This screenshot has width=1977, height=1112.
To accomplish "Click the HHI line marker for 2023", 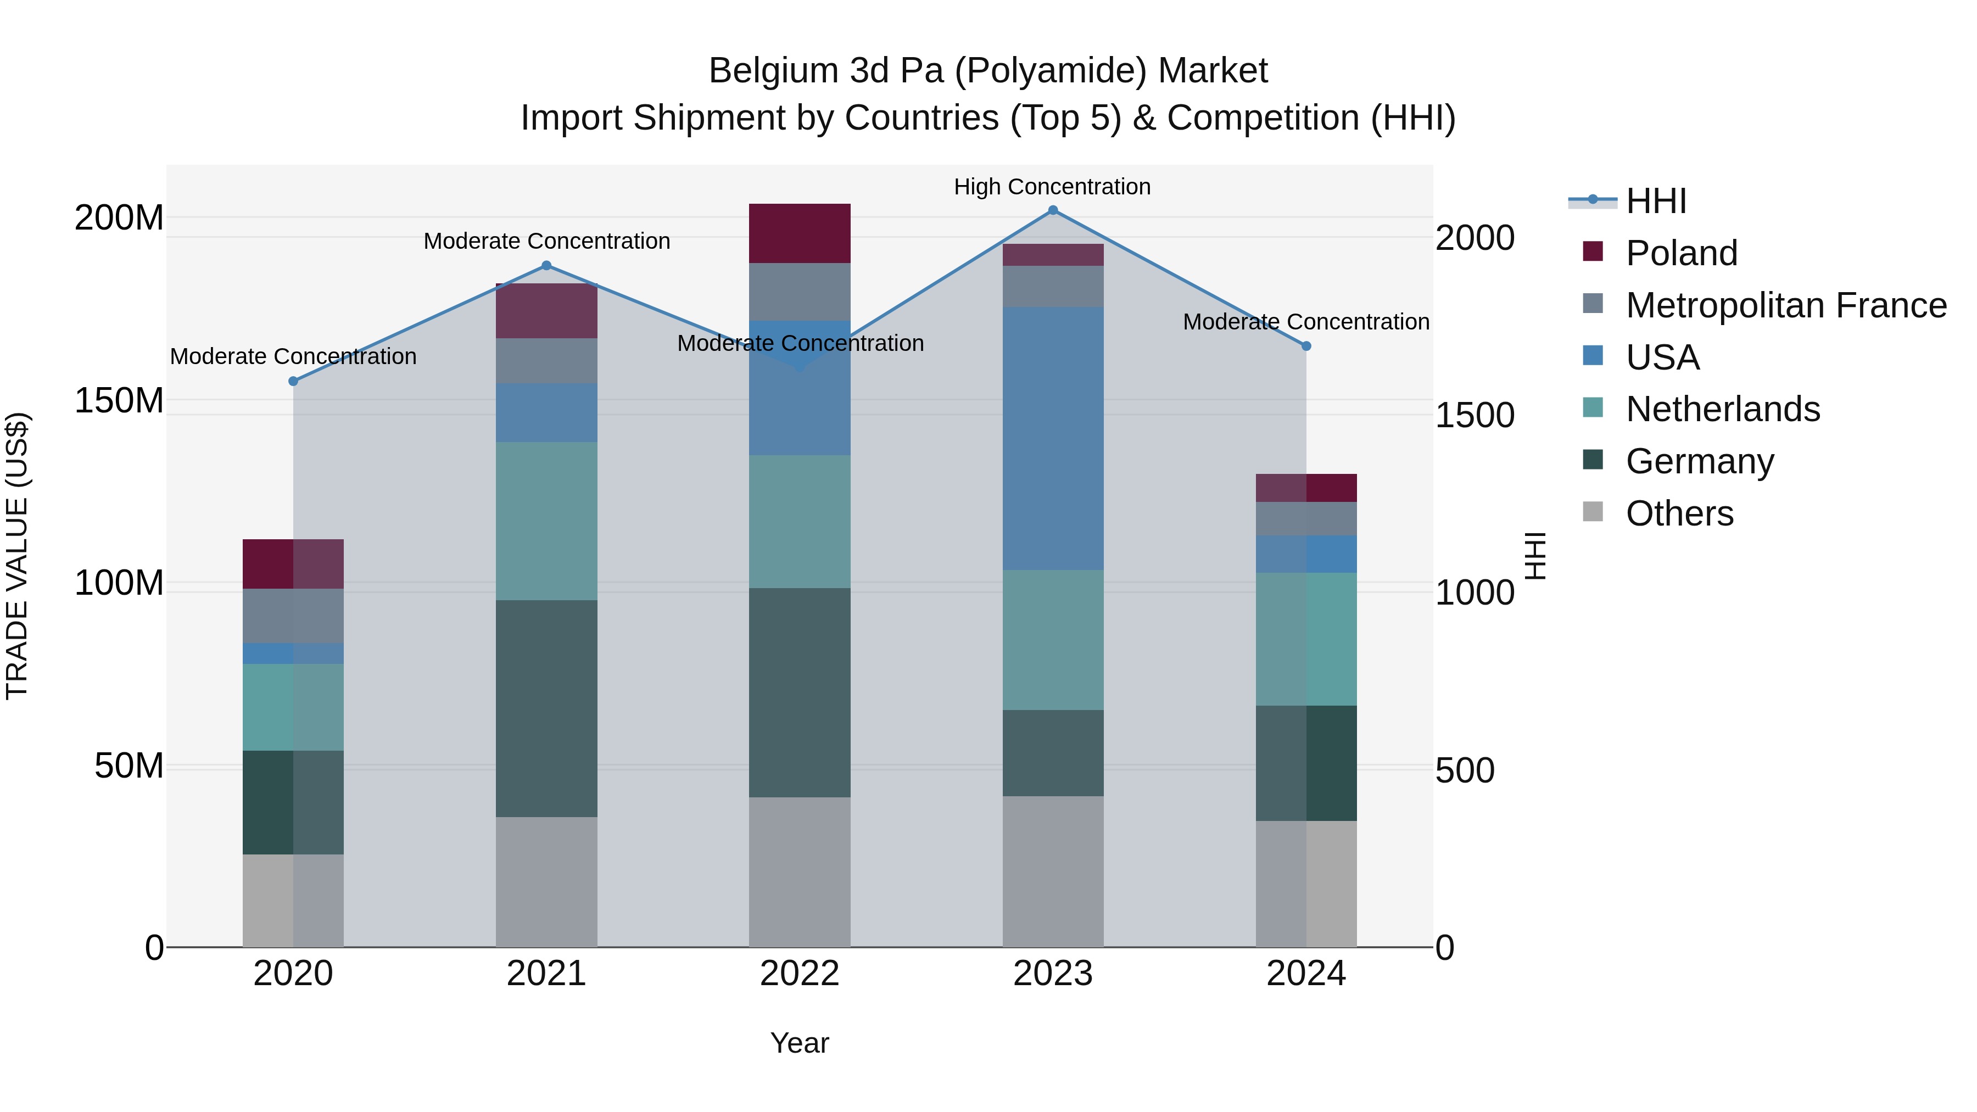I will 1053,210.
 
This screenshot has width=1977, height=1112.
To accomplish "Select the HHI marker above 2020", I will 293,382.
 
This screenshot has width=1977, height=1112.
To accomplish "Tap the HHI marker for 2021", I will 546,266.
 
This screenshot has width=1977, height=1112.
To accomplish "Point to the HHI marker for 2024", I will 1306,346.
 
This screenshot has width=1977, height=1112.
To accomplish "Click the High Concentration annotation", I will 1052,187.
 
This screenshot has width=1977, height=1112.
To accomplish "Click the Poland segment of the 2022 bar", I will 800,233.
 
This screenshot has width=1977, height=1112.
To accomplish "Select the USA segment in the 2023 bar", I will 1053,438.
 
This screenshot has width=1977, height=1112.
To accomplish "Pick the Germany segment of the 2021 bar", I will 546,708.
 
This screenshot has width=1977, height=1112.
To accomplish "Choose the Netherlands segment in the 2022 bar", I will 800,522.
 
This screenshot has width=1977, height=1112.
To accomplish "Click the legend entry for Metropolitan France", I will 1786,305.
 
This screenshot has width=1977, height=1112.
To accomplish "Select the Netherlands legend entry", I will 1722,409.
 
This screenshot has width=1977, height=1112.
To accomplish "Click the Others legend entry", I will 1679,513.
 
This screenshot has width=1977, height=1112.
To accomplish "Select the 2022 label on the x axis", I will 800,974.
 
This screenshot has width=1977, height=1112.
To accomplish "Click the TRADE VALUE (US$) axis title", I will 17,556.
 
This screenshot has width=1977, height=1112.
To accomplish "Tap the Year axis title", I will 800,1043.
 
